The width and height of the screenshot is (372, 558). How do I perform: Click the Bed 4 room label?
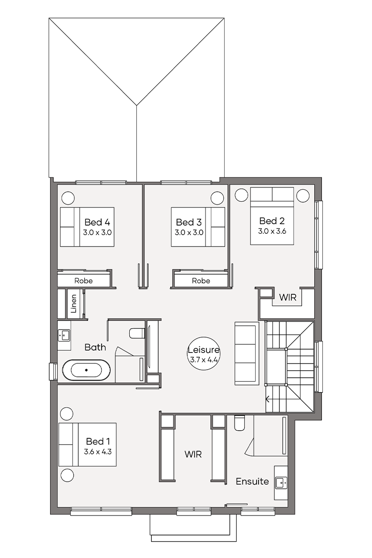[x=97, y=222]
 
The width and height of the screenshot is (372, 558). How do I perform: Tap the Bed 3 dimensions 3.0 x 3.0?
[x=189, y=233]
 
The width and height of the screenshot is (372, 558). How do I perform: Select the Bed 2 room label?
[x=272, y=221]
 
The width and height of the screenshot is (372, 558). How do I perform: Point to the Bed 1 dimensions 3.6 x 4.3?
[x=98, y=452]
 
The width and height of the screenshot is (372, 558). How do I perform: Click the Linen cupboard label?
[x=74, y=303]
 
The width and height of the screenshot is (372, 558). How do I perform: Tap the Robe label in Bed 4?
[x=83, y=281]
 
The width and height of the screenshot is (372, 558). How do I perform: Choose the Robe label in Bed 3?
[x=201, y=281]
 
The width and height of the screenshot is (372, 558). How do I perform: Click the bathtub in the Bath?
[x=86, y=371]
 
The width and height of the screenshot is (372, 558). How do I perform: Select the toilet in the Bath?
[x=137, y=333]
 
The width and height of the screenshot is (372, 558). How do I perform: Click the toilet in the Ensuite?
[x=239, y=424]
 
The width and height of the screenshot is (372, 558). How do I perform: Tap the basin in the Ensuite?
[x=281, y=483]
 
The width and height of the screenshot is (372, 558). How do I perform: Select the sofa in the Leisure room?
[x=247, y=353]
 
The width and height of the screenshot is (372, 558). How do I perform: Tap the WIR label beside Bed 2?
[x=288, y=298]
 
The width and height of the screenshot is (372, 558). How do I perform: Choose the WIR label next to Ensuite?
[x=193, y=455]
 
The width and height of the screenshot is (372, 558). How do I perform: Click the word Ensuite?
[x=252, y=482]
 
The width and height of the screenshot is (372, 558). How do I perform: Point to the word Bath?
[x=95, y=347]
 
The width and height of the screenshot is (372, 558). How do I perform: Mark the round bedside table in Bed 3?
[x=217, y=197]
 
